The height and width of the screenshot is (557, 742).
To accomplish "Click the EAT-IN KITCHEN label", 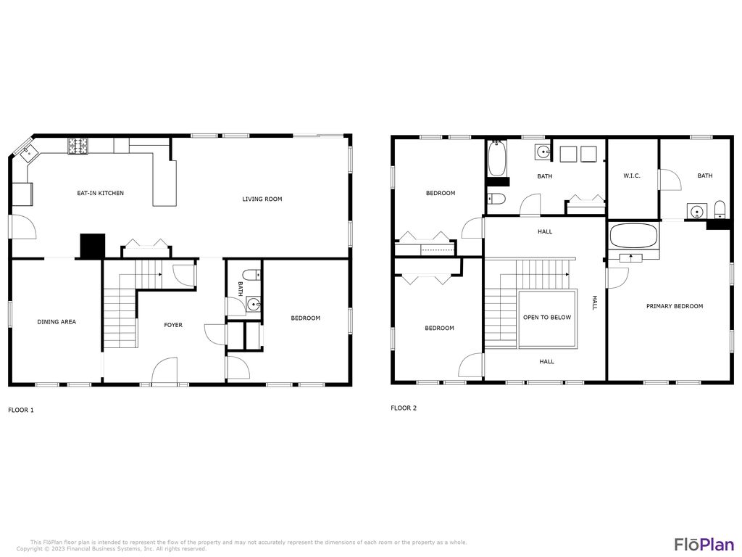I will pyautogui.click(x=101, y=193).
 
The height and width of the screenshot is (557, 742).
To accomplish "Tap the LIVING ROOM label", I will pyautogui.click(x=262, y=199).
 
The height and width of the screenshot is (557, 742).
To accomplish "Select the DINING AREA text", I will pyautogui.click(x=57, y=321).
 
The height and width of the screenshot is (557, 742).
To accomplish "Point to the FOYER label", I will pyautogui.click(x=173, y=325).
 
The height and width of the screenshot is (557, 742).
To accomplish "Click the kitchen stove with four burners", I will pyautogui.click(x=78, y=146).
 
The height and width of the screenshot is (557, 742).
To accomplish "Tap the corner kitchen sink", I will pyautogui.click(x=28, y=152).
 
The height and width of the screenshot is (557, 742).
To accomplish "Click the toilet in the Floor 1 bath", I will pyautogui.click(x=249, y=275).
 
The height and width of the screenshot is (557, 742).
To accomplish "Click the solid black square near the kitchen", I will pyautogui.click(x=92, y=246).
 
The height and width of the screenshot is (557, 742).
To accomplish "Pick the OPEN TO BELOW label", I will pyautogui.click(x=547, y=317).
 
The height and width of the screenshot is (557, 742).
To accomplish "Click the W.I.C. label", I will pyautogui.click(x=632, y=176).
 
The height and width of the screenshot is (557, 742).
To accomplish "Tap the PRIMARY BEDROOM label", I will pyautogui.click(x=675, y=306).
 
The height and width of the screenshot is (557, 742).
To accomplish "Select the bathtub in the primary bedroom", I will pyautogui.click(x=634, y=236).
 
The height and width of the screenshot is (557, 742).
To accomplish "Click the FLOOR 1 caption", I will pyautogui.click(x=21, y=410).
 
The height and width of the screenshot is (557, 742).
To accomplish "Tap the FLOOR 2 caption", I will pyautogui.click(x=404, y=408).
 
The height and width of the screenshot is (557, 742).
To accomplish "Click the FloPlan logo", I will pyautogui.click(x=704, y=544).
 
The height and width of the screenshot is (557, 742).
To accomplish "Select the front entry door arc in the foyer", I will pyautogui.click(x=164, y=370).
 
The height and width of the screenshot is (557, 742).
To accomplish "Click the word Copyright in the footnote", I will pyautogui.click(x=30, y=549).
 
